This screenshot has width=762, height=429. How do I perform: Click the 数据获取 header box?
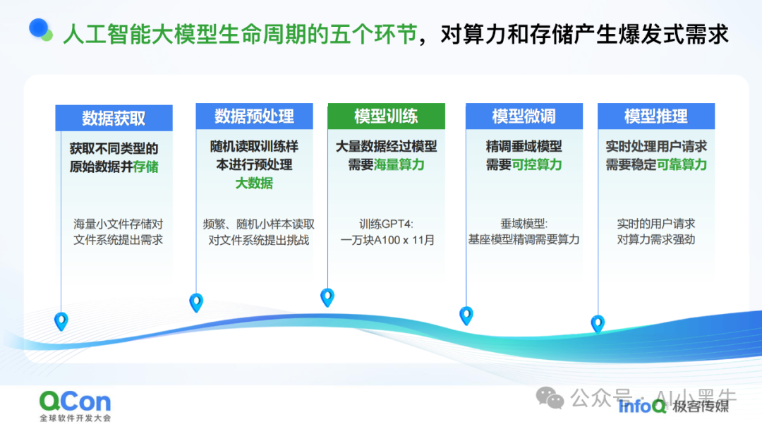(114, 118)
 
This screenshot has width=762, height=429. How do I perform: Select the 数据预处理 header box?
(254, 116)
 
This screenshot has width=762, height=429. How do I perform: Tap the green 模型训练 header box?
(386, 116)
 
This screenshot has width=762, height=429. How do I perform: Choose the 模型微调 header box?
(524, 116)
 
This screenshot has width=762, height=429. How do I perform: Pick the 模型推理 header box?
(655, 116)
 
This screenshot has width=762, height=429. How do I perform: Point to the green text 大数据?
(254, 183)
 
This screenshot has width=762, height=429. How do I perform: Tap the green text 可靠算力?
(682, 165)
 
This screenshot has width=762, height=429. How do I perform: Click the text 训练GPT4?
(387, 224)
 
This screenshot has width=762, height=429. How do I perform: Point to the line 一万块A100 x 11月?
(387, 240)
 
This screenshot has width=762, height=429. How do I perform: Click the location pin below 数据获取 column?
(61, 321)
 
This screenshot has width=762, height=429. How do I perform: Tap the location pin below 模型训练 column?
(327, 296)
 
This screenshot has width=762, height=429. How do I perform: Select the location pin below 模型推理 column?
(598, 323)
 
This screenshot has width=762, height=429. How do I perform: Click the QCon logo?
(75, 402)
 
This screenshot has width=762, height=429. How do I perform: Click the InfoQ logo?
(641, 406)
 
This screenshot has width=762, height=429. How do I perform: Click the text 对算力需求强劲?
(655, 240)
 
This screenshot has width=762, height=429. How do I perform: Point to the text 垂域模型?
(524, 224)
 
